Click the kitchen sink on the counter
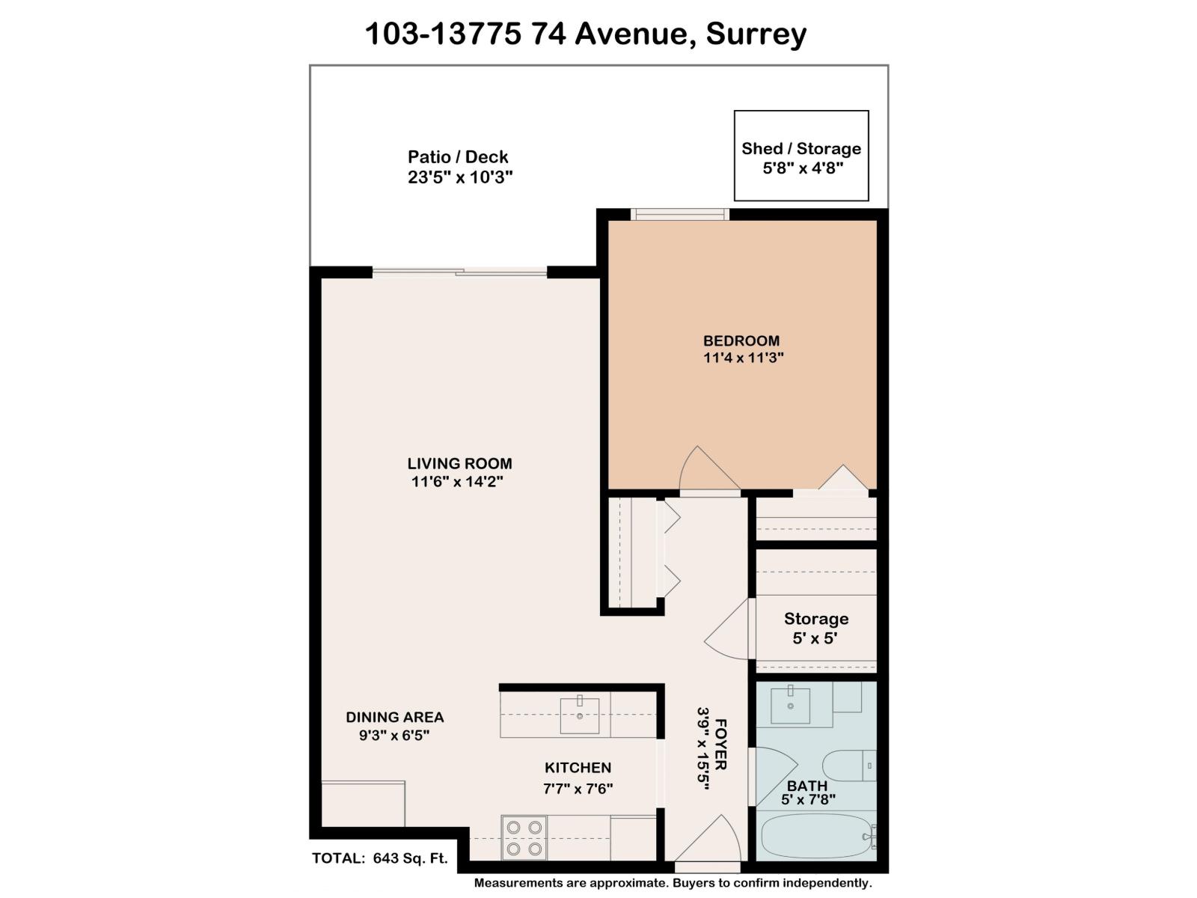579,716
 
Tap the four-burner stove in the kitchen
524,837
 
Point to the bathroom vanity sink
791,706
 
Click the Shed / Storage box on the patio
801,156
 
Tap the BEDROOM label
741,340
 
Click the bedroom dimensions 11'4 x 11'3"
743,358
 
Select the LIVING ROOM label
459,463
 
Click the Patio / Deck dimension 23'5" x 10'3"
459,177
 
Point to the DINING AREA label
394,717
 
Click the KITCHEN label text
578,767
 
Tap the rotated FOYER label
720,745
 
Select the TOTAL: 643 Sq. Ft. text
379,858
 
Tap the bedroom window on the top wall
679,215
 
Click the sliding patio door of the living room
460,272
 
